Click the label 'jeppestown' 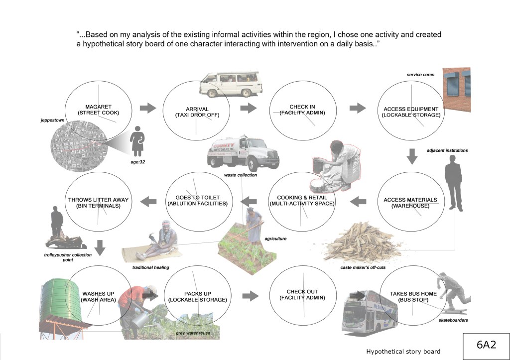(53, 120)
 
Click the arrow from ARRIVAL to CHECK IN (248, 108)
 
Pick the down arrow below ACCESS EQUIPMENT (411, 156)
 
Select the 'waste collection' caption (241, 175)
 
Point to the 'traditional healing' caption (150, 267)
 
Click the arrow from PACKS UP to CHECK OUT (251, 295)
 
